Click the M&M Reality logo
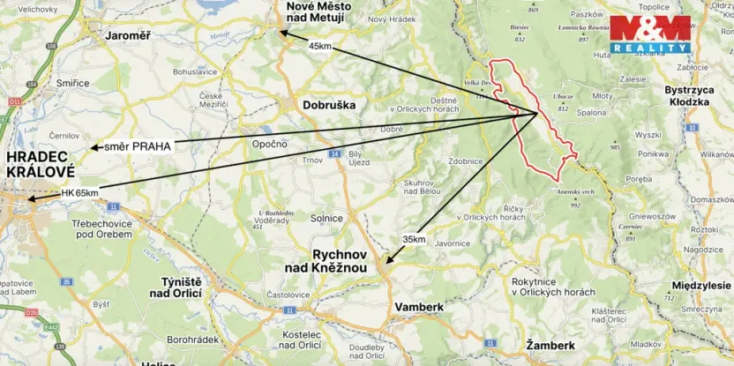click(650, 34)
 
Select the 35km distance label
click(413, 239)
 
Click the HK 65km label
click(79, 192)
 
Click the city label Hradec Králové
click(40, 164)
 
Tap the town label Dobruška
click(328, 104)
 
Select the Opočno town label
click(270, 143)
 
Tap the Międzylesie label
click(701, 286)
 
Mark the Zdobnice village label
click(465, 161)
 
